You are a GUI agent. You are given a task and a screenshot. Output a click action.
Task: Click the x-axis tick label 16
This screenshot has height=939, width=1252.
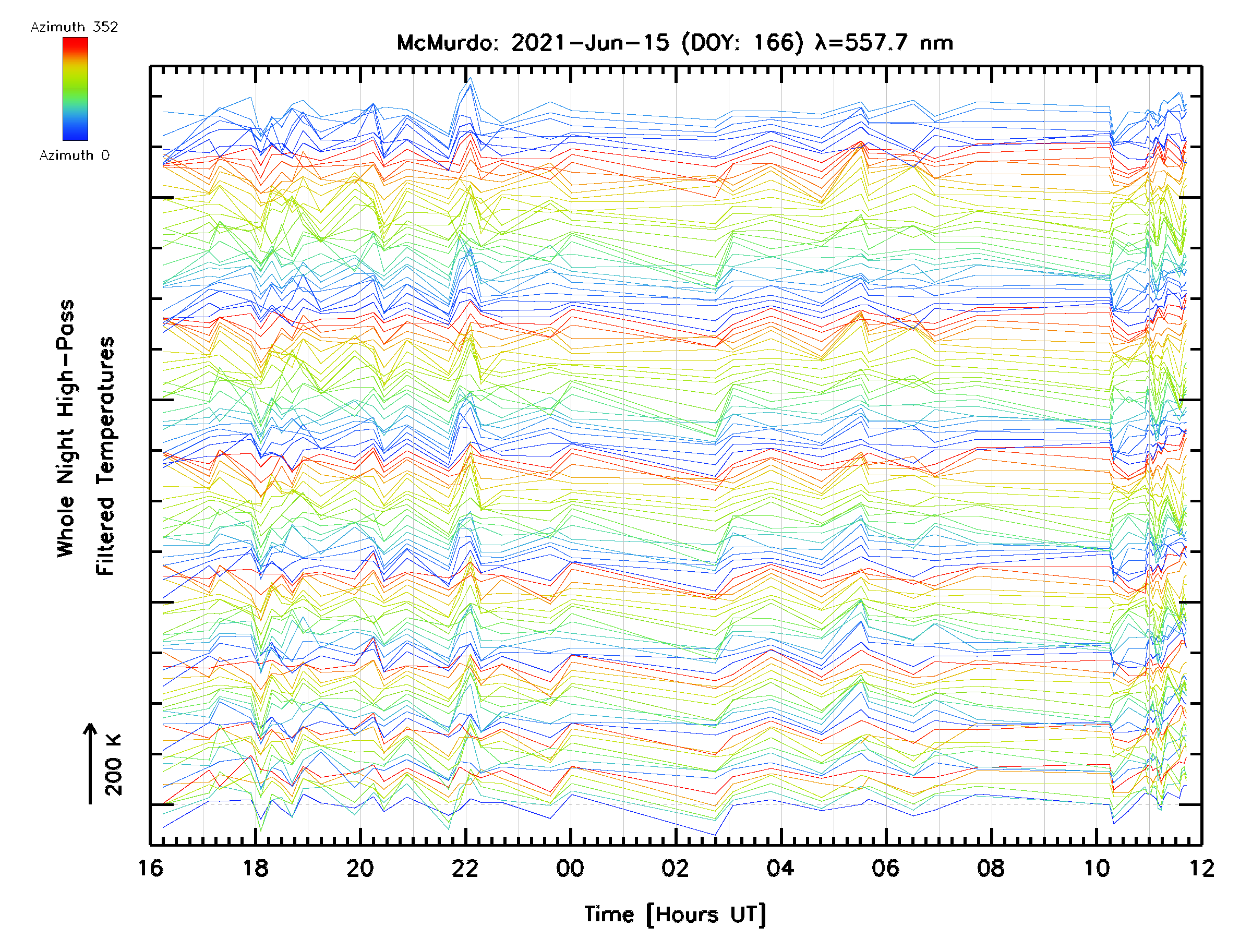pyautogui.click(x=151, y=868)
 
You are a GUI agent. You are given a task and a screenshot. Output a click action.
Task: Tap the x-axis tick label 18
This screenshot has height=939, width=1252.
pyautogui.click(x=255, y=868)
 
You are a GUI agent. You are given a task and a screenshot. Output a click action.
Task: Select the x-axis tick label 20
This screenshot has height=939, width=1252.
pyautogui.click(x=360, y=868)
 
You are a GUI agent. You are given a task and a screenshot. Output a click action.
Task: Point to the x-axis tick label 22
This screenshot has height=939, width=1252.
pyautogui.click(x=465, y=868)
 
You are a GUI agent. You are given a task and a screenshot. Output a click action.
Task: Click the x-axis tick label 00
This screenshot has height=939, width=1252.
pyautogui.click(x=570, y=868)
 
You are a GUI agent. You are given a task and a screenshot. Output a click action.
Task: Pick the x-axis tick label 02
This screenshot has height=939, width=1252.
pyautogui.click(x=675, y=868)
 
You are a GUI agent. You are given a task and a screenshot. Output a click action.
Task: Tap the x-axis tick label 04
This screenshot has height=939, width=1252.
pyautogui.click(x=780, y=868)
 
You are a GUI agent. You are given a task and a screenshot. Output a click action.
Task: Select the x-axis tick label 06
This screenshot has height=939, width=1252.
pyautogui.click(x=885, y=868)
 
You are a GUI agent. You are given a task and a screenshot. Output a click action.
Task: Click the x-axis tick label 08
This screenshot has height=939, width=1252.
pyautogui.click(x=991, y=868)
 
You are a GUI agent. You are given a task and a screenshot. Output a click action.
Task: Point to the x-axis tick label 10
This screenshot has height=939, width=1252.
pyautogui.click(x=1097, y=868)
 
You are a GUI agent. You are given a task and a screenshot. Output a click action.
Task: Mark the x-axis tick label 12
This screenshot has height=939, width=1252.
pyautogui.click(x=1201, y=868)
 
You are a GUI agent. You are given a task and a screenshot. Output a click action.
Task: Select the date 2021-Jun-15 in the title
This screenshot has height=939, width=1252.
pyautogui.click(x=591, y=43)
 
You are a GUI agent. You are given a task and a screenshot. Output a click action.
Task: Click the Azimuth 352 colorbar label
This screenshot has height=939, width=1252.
pyautogui.click(x=74, y=27)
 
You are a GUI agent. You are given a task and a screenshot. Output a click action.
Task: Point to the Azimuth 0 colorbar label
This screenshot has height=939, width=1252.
pyautogui.click(x=74, y=155)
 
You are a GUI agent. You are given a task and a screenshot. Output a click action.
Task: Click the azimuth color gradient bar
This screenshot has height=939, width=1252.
pyautogui.click(x=75, y=89)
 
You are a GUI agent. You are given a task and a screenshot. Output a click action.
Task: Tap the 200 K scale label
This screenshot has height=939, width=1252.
pyautogui.click(x=114, y=765)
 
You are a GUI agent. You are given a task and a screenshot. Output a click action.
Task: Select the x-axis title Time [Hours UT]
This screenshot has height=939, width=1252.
pyautogui.click(x=675, y=914)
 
